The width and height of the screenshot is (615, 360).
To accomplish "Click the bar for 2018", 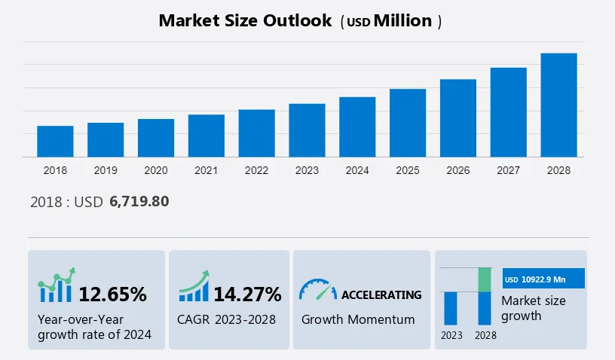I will [55, 142].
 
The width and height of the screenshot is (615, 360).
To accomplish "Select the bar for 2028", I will [558, 105].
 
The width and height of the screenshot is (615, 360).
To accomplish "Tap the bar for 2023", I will [307, 130].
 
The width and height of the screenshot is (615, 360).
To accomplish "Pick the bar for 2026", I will [458, 118].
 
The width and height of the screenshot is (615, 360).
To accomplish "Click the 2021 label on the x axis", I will [206, 170].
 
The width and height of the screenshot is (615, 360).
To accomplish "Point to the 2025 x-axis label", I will [408, 170].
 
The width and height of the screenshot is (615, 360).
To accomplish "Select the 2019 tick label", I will [106, 170].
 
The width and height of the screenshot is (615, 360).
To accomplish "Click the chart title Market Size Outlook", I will [245, 20].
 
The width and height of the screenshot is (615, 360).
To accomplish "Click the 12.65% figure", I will [113, 294].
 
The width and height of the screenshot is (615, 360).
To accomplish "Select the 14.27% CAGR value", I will [247, 294].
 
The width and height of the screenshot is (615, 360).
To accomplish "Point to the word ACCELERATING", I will [381, 294].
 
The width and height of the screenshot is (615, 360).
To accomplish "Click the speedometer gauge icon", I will [317, 290].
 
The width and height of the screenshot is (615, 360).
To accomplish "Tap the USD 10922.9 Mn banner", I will [543, 279].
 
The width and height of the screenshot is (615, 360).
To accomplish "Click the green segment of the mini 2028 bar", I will [485, 279].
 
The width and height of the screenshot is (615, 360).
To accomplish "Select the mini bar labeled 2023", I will [451, 308].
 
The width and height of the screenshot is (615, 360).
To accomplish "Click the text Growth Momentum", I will [358, 319].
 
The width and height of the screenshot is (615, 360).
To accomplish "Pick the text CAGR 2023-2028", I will [226, 319].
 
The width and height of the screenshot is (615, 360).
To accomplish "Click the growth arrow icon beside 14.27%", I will [194, 287].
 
